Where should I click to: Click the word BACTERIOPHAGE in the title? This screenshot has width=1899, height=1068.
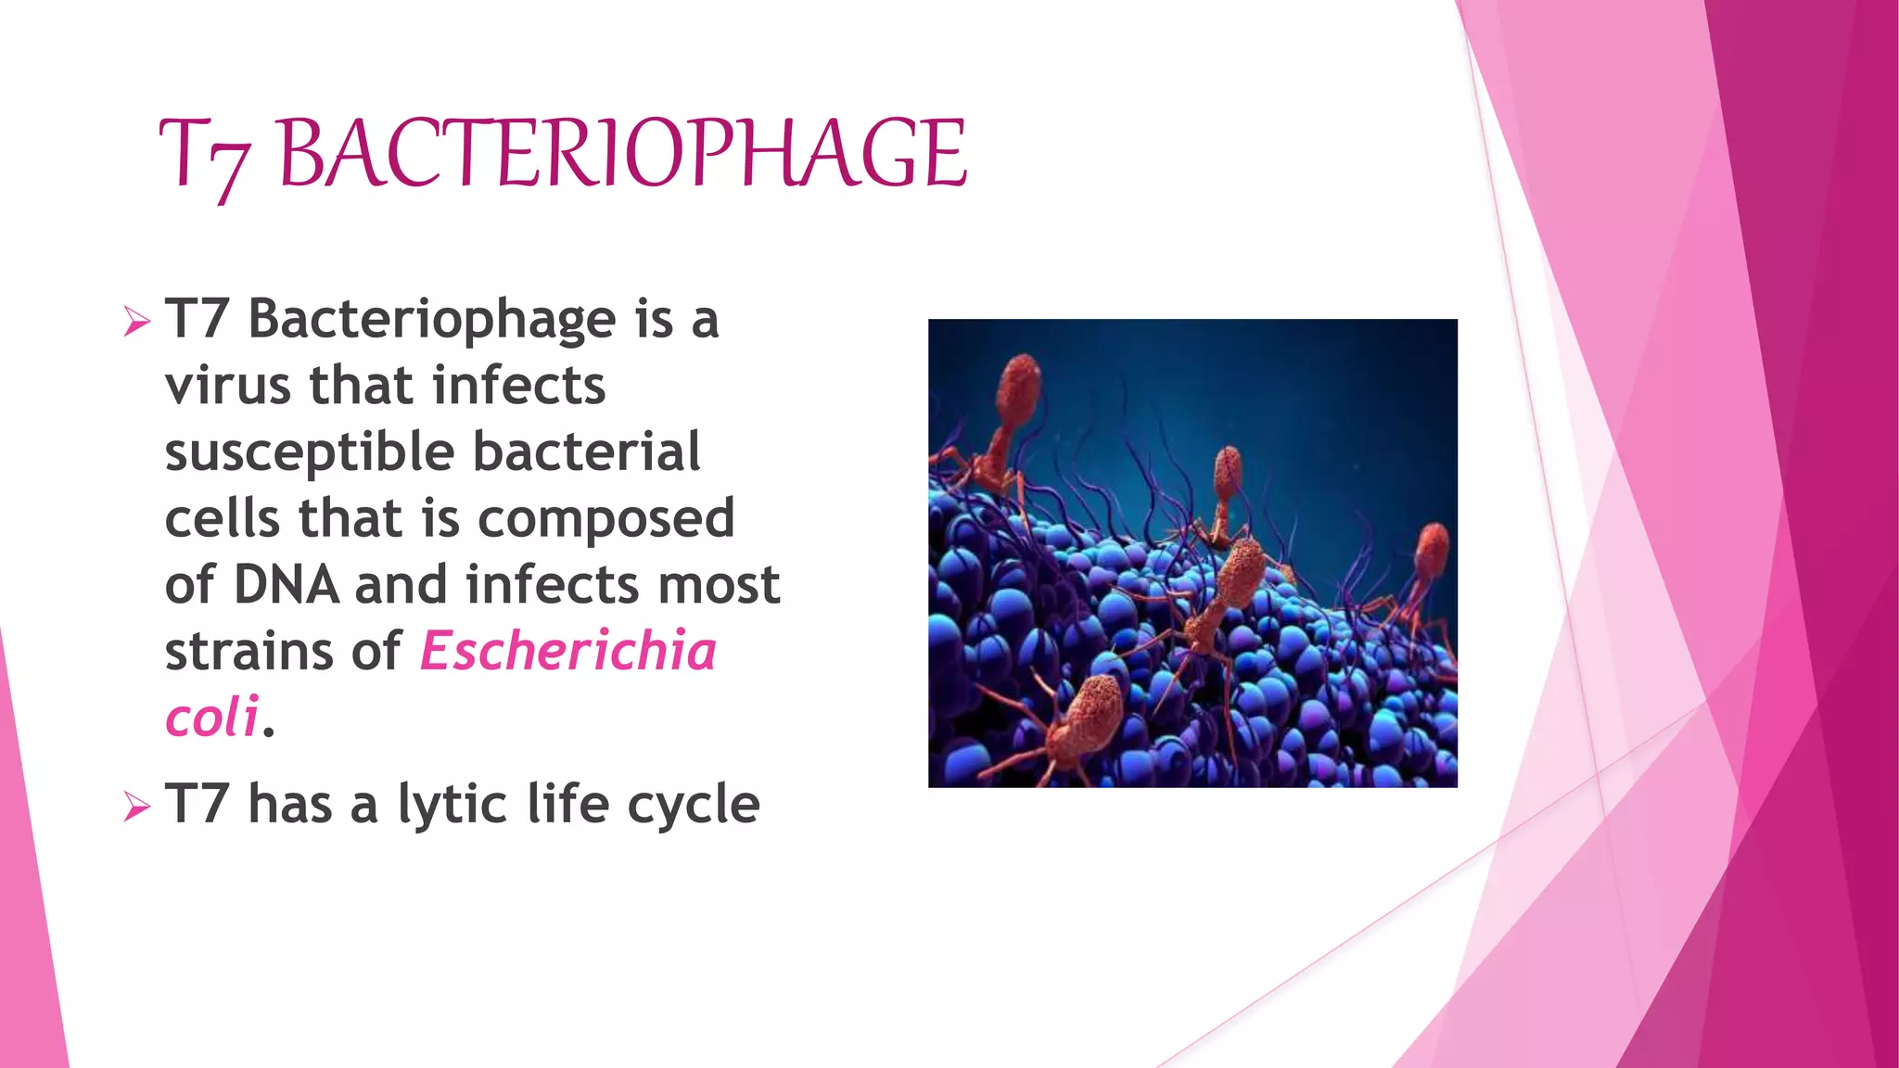(622, 154)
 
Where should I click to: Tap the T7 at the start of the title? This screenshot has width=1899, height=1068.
(204, 158)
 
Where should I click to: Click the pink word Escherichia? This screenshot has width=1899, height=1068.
(568, 651)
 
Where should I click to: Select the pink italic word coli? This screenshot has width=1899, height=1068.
(211, 718)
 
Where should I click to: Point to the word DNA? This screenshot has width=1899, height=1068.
(286, 585)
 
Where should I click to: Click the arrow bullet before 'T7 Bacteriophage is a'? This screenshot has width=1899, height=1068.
(136, 322)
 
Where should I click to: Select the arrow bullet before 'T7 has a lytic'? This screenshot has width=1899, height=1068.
(136, 807)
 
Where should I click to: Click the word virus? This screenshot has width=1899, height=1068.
(227, 386)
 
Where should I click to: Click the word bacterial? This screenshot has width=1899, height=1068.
(586, 452)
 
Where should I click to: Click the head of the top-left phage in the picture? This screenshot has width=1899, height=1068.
(1019, 385)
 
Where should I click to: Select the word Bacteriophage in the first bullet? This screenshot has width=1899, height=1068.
(432, 321)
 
